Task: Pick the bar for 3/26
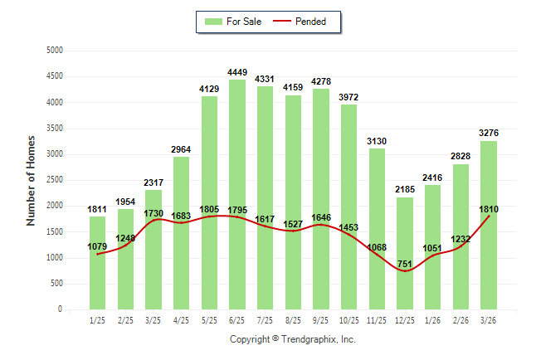click(489, 225)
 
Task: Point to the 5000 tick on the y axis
click(54, 50)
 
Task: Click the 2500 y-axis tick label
click(54, 180)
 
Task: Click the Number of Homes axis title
click(31, 179)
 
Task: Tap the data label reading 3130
click(377, 141)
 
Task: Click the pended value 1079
click(98, 246)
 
